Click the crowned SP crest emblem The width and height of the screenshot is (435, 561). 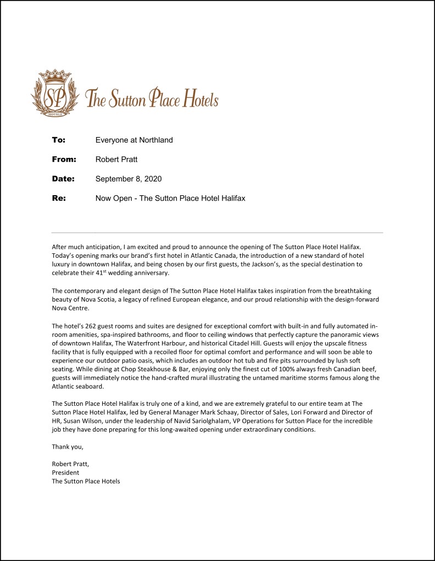[x=53, y=93]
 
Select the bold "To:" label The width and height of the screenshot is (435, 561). [x=58, y=140]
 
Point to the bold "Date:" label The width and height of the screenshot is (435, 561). [x=63, y=179]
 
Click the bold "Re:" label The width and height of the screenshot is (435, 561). [x=59, y=198]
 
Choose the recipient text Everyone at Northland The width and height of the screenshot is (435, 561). [x=134, y=140]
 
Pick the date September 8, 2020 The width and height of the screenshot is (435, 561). [x=129, y=179]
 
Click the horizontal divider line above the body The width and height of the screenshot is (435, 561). [x=217, y=233]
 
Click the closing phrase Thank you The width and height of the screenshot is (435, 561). [x=68, y=447]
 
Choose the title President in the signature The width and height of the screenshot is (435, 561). [x=65, y=473]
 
